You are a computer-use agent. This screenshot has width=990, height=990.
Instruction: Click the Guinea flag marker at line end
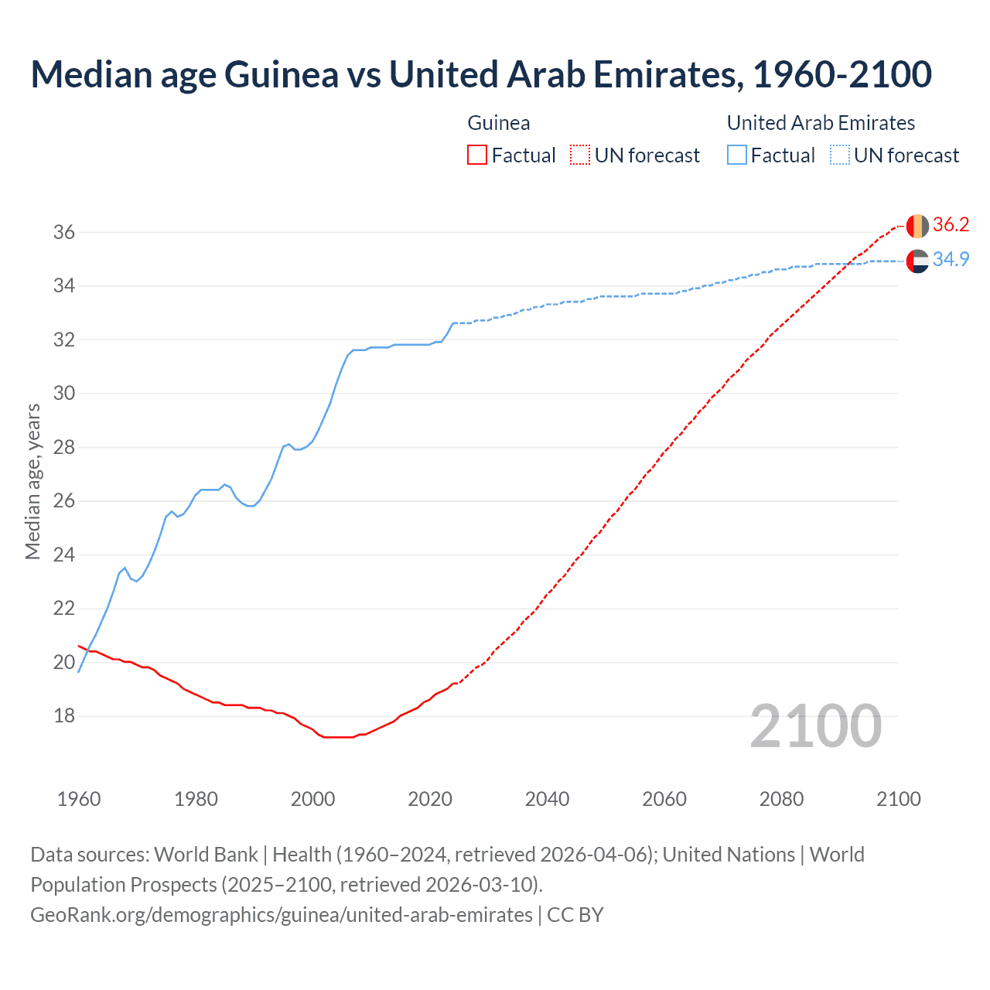pos(917,226)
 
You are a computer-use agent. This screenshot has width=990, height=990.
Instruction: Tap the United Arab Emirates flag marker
pos(917,261)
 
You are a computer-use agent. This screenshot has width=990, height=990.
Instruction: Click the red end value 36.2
pos(951,225)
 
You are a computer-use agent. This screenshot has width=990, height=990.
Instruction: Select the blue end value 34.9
pos(951,260)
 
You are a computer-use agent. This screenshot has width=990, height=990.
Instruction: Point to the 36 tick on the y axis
pos(64,232)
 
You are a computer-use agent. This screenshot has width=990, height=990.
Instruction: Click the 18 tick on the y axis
pos(64,716)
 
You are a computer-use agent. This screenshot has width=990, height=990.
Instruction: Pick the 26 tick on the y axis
pos(64,501)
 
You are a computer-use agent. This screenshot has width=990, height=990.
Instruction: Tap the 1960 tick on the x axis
pos(79,799)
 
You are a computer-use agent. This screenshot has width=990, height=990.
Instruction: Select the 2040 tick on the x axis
pos(547,799)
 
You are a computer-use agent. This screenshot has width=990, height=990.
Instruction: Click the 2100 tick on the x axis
pos(898,799)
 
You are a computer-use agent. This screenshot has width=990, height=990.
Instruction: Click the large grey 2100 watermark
pos(815,725)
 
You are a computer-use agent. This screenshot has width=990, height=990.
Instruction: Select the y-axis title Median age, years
pos(32,481)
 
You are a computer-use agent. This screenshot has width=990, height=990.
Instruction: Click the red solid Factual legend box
pos(477,155)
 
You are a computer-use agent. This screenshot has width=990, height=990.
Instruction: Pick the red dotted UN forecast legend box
pos(580,155)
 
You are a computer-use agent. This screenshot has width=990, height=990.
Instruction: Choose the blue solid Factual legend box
pos(737,155)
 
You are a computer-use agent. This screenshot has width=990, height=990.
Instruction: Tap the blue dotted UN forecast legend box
pos(840,155)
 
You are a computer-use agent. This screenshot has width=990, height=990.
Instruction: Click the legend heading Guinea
pos(499,123)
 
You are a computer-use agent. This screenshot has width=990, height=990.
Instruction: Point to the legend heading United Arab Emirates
pos(821,123)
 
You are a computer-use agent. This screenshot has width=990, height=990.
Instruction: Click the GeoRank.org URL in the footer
pos(282,915)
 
